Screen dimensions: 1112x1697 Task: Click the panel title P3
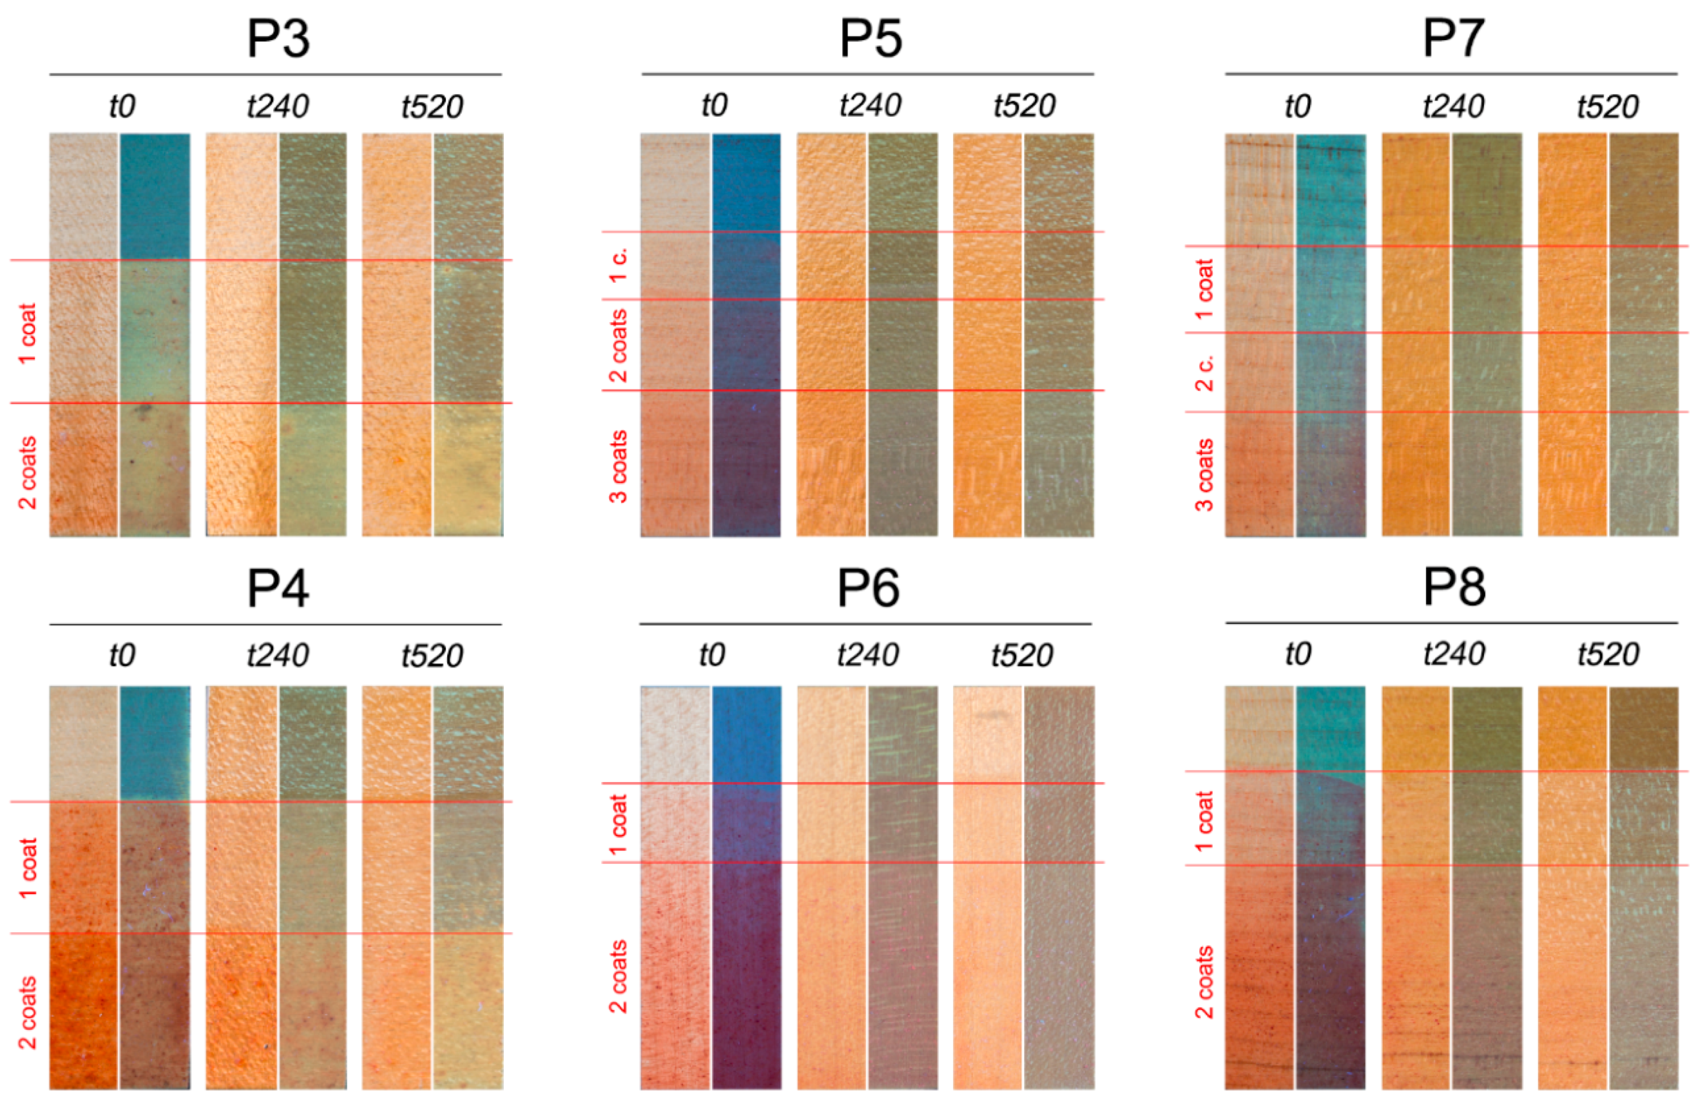[x=278, y=38]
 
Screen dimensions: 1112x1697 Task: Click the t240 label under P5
[x=870, y=105]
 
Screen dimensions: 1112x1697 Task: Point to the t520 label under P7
[x=1607, y=107]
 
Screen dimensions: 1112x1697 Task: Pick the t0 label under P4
[x=122, y=655]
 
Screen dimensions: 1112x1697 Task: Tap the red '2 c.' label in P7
[x=1204, y=372]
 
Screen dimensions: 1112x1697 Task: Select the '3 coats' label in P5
[x=618, y=466]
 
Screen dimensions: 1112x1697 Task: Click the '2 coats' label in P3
[x=27, y=473]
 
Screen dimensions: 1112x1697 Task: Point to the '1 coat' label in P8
[x=1204, y=821]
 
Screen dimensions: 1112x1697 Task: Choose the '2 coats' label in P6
[x=618, y=976]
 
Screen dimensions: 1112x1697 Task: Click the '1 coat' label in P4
[x=27, y=868]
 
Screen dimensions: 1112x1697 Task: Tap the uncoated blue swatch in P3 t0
[x=155, y=195]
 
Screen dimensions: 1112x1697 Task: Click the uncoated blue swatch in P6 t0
[x=746, y=734]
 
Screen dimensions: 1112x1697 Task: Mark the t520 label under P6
[x=1022, y=655]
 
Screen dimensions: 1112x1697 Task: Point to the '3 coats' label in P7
[x=1204, y=475]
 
